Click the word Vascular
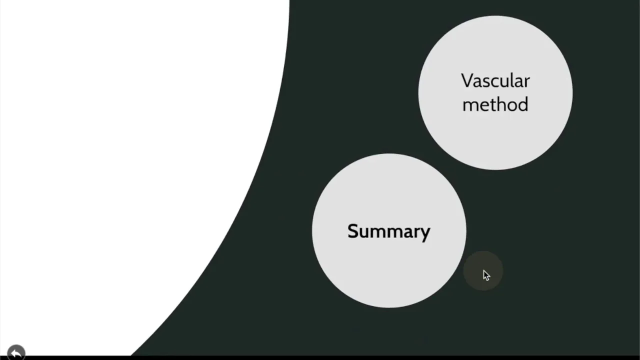tap(495, 81)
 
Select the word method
tap(495, 104)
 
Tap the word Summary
tap(389, 231)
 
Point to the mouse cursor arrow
tap(486, 275)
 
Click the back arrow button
tap(16, 352)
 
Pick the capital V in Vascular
tap(467, 81)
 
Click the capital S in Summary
tap(353, 231)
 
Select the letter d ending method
tap(522, 104)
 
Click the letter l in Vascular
tap(512, 80)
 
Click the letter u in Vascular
tap(505, 82)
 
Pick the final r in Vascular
tap(527, 82)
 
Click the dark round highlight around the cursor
tap(483, 271)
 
